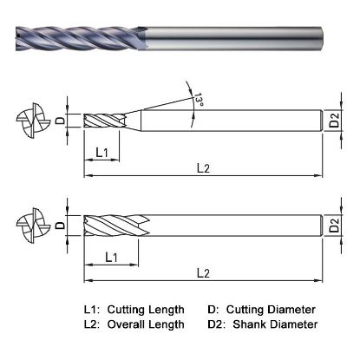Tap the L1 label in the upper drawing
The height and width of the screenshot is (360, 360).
pos(101,153)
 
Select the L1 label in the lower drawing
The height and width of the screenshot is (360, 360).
pos(111,257)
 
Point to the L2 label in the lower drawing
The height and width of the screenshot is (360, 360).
pos(204,273)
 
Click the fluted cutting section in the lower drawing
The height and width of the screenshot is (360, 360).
pos(113,227)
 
